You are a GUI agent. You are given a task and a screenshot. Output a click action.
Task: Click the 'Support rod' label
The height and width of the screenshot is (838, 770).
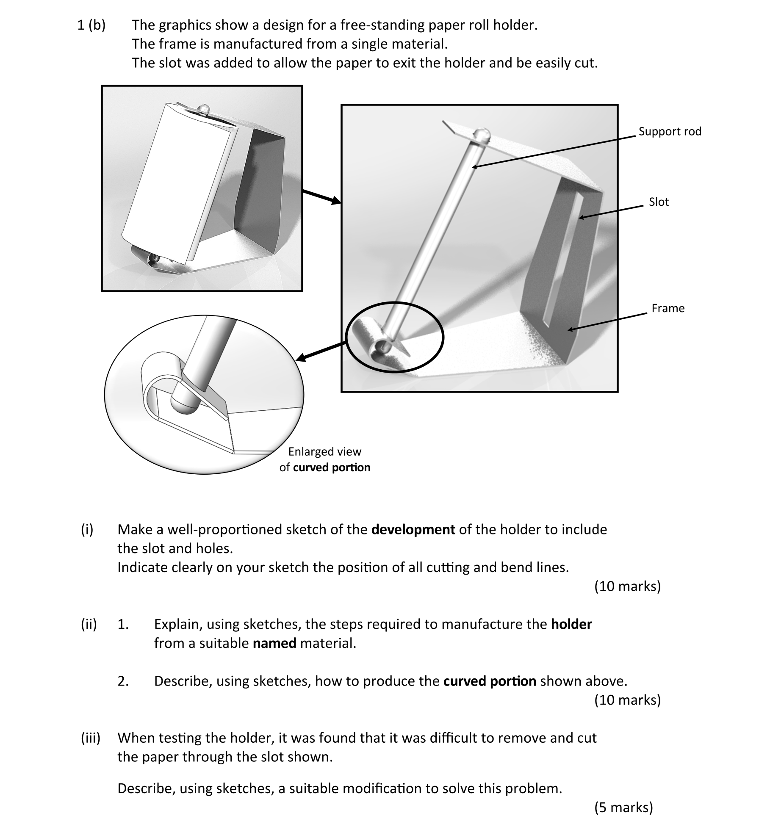(x=669, y=131)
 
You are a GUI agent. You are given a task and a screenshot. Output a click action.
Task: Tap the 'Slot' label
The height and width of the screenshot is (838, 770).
(x=658, y=202)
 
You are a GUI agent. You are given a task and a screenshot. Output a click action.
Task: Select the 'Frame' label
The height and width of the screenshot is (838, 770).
(x=668, y=308)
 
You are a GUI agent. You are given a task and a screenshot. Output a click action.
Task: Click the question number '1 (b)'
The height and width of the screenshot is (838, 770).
(x=91, y=25)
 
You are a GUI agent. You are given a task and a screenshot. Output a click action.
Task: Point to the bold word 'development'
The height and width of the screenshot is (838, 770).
(x=413, y=529)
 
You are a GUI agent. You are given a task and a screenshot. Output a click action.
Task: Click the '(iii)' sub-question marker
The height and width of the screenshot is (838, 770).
(x=91, y=738)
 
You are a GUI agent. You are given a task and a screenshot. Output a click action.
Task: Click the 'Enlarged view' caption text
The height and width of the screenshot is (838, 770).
(x=324, y=451)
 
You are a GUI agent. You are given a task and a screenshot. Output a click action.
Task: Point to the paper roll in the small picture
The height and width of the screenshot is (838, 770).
(x=174, y=182)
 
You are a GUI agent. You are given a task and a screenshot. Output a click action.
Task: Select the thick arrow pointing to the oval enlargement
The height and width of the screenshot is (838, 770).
(x=322, y=351)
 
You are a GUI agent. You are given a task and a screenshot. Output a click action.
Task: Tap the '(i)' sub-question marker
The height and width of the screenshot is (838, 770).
(x=87, y=529)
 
